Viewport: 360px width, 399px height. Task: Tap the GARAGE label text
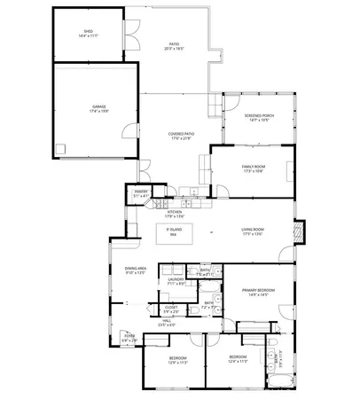pos(98,108)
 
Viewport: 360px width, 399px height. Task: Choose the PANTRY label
pos(141,192)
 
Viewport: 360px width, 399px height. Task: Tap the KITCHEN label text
pos(174,212)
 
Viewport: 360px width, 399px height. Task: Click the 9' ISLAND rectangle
pos(174,234)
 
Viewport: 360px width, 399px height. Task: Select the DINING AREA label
pos(135,270)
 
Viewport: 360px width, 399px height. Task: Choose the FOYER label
pos(129,336)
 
